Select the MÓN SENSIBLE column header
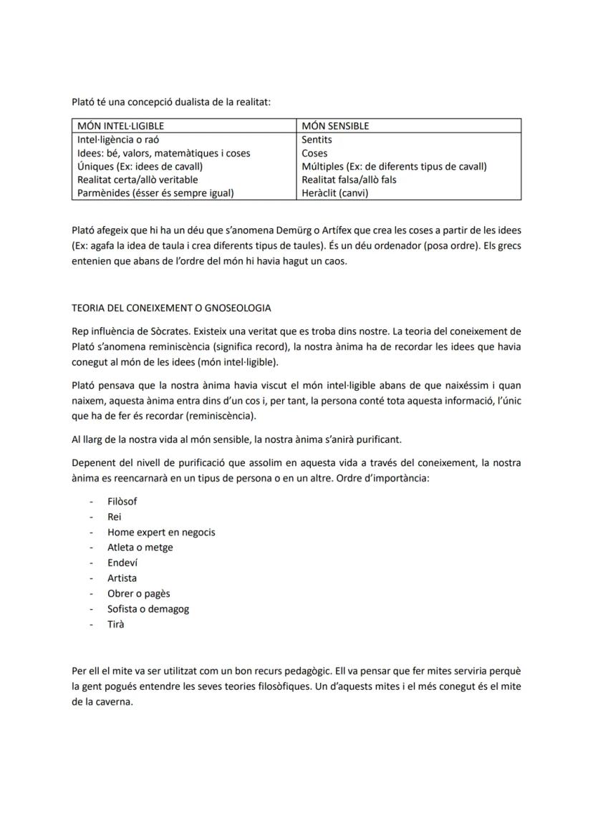pyautogui.click(x=335, y=126)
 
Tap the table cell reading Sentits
pyautogui.click(x=317, y=140)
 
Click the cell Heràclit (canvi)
pyautogui.click(x=335, y=193)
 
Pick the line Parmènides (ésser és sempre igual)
pyautogui.click(x=155, y=193)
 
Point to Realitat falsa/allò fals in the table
pyautogui.click(x=349, y=180)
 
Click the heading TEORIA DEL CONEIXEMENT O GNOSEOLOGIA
pyautogui.click(x=171, y=308)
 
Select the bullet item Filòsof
pyautogui.click(x=122, y=502)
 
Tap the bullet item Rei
pyautogui.click(x=115, y=517)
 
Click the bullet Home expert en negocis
pyautogui.click(x=161, y=532)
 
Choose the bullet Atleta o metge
pyautogui.click(x=140, y=547)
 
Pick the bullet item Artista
pyautogui.click(x=122, y=578)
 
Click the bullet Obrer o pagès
pyautogui.click(x=139, y=593)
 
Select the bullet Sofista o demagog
pyautogui.click(x=148, y=609)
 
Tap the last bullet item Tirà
pyautogui.click(x=115, y=624)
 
